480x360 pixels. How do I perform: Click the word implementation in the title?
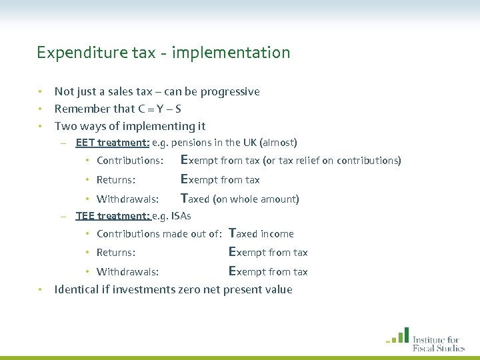point(231,53)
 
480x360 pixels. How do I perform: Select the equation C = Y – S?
point(153,109)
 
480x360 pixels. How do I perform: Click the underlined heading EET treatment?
point(112,142)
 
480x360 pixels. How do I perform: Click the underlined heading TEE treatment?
point(112,215)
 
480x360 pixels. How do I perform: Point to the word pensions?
point(195,142)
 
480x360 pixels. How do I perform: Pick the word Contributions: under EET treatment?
point(130,161)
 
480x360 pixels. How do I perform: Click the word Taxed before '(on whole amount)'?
point(195,199)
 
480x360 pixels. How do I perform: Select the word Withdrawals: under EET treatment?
point(127,199)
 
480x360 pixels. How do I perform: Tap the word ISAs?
point(181,215)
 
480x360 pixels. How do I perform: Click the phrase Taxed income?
point(261,233)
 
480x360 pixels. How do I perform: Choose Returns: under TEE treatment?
point(116,253)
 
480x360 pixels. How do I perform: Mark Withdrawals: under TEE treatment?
point(127,272)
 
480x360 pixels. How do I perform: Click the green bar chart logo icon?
point(398,335)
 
